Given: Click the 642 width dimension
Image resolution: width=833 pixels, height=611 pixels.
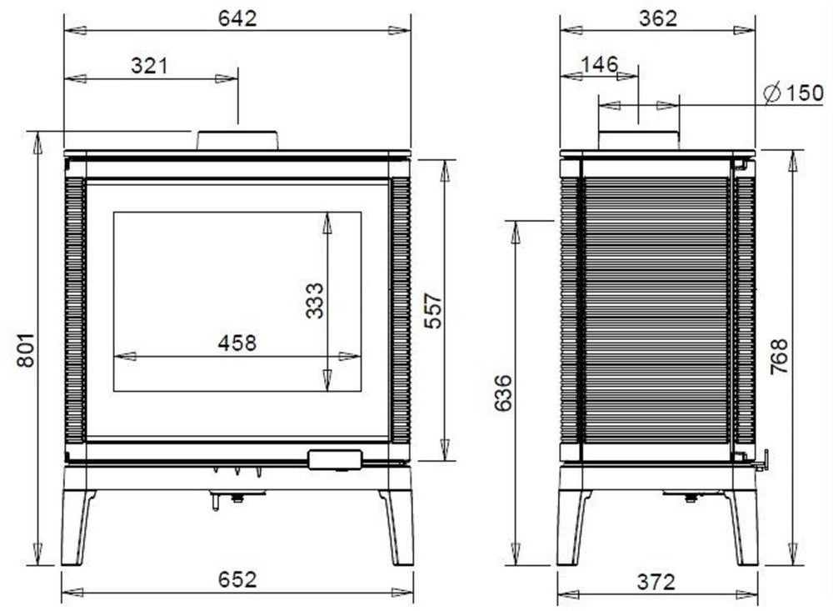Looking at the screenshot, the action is (x=237, y=18).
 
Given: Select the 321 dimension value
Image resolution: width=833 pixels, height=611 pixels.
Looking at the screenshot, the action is (x=149, y=66).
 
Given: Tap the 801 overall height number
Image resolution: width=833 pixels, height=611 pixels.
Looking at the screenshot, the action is (x=26, y=350).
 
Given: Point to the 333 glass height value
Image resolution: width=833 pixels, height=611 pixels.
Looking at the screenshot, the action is (x=315, y=300).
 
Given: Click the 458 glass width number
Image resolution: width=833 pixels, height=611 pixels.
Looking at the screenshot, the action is (x=237, y=343).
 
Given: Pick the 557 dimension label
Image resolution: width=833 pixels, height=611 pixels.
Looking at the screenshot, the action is (x=433, y=311).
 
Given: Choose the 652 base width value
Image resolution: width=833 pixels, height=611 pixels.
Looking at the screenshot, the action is (x=237, y=579).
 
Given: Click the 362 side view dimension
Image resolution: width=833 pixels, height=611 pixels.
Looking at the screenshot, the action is (x=658, y=18).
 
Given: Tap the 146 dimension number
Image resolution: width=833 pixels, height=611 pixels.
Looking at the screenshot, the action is (x=600, y=64).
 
